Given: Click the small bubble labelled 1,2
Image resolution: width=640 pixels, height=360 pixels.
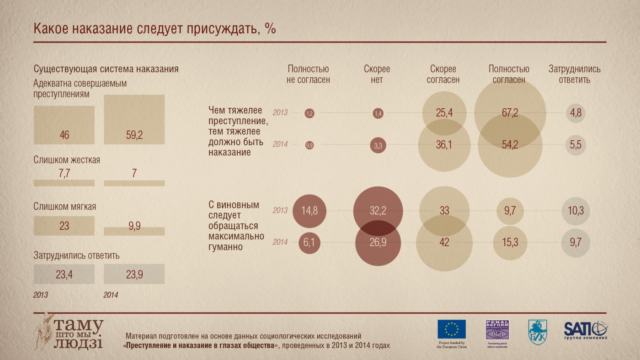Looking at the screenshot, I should point(309,113).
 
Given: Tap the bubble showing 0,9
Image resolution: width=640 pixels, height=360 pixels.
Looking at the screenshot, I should point(309,145).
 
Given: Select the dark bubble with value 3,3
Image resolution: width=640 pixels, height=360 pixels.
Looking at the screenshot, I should point(378,145).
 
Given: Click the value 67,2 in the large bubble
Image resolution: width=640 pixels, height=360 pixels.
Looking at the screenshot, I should point(510,113).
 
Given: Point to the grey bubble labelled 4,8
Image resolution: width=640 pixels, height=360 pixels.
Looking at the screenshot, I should point(576,113).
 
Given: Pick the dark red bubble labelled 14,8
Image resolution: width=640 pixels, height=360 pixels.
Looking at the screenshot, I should point(309,211).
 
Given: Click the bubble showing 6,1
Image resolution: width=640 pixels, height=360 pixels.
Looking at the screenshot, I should point(309,243).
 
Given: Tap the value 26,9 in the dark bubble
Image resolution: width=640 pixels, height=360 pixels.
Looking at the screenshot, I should point(378,243).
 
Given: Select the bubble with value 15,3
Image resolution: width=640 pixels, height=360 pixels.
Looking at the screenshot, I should point(510,243).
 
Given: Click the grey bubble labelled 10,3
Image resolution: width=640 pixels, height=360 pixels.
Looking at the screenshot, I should point(576,211).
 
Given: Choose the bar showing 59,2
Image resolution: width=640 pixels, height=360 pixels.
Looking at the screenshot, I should point(134,120).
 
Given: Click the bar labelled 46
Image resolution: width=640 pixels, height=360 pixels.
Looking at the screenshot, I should point(64,125).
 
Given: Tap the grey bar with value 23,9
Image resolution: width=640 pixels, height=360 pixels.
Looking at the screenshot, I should point(134,274).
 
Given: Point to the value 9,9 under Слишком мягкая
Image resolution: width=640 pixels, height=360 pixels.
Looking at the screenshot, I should point(134,226).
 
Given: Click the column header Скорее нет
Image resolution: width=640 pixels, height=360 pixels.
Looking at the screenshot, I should point(377,74).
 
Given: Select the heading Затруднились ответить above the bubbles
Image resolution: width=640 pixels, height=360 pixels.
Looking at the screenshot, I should point(575,74).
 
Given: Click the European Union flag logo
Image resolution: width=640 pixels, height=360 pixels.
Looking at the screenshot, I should point(452,329).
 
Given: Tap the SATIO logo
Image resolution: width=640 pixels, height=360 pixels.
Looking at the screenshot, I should point(586,330).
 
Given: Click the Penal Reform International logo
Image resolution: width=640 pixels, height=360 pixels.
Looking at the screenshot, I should point(497,330).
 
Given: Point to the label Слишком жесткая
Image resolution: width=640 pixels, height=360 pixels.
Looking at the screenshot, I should point(67,160).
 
